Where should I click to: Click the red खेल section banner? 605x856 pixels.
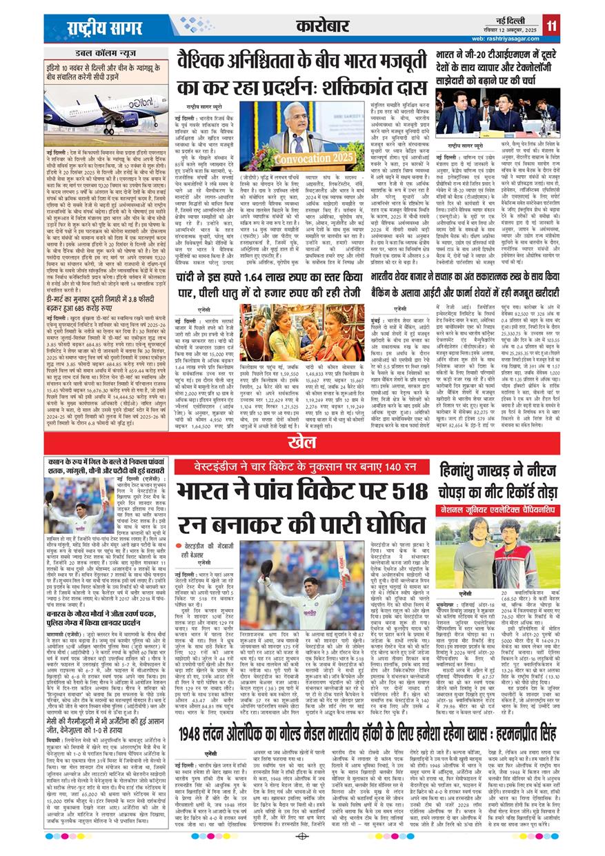[x=301, y=439]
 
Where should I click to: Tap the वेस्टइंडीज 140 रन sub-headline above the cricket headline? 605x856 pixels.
[x=301, y=464]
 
